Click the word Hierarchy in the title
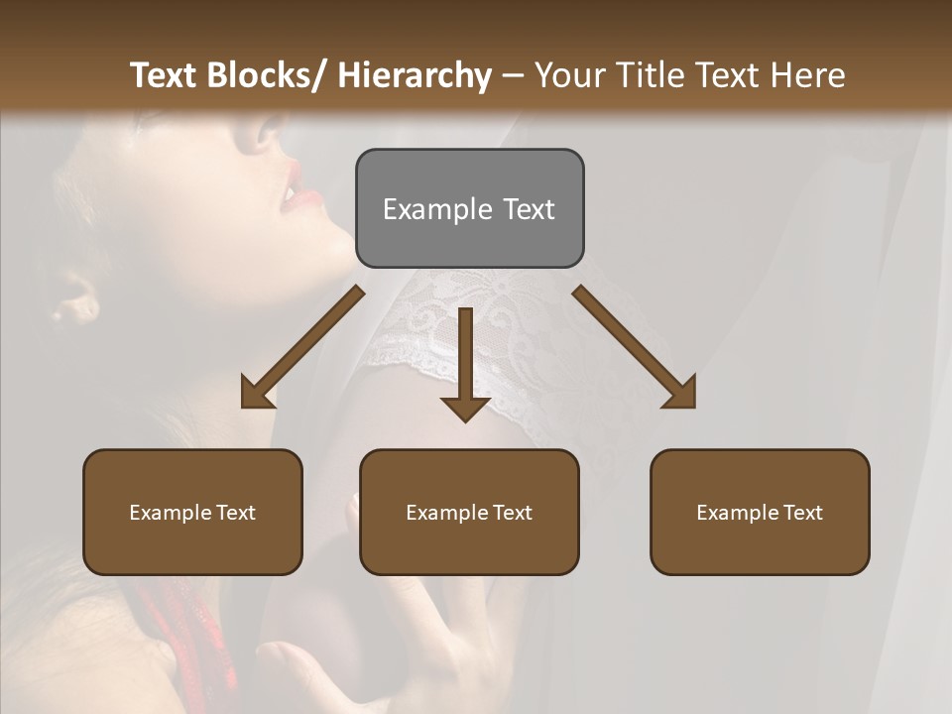click(414, 75)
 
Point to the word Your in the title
click(566, 75)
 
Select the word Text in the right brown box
click(801, 513)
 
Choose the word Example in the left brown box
click(170, 513)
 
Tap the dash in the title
click(513, 76)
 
